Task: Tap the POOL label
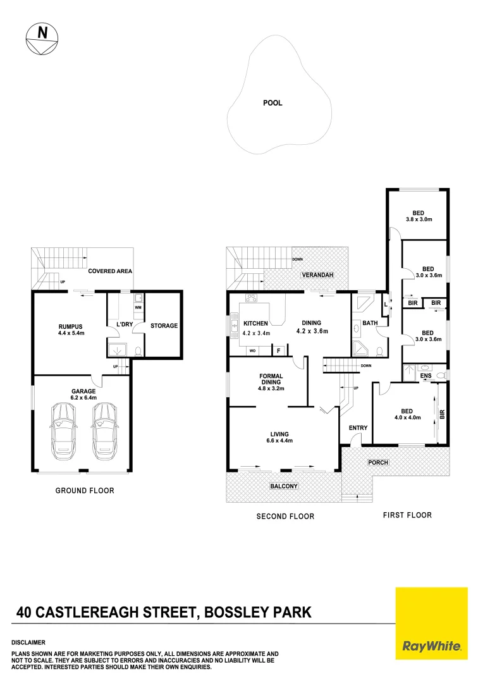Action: (273, 103)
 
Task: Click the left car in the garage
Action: (64, 433)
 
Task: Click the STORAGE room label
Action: (164, 326)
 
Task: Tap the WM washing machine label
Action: (138, 307)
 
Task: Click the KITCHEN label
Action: (256, 323)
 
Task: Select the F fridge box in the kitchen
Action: (278, 350)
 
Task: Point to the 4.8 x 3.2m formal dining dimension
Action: (271, 389)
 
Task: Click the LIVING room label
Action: (279, 434)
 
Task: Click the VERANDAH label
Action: (314, 276)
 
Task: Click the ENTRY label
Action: (358, 428)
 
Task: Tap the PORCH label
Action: (377, 462)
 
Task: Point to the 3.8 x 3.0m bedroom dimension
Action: (419, 219)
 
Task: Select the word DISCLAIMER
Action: (28, 642)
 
